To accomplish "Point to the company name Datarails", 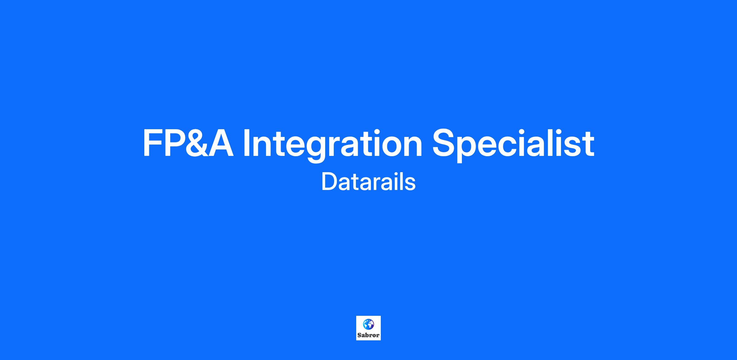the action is pos(368,182).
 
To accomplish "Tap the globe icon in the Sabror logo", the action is pos(368,324).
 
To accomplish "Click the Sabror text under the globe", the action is pos(368,335).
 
